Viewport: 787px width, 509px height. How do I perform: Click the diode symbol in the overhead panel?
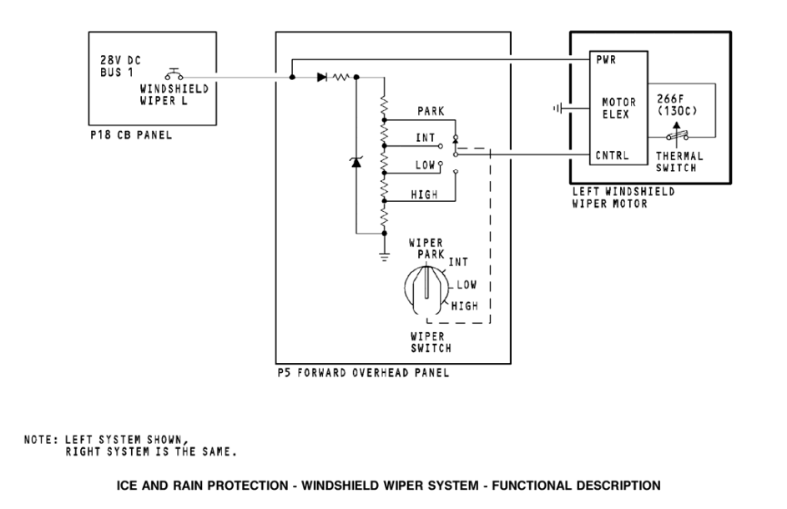pos(323,77)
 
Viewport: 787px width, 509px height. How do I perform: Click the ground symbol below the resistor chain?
pos(384,254)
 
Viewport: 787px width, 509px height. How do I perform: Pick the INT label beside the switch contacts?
pos(426,138)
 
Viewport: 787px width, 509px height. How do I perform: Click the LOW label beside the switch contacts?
pos(426,164)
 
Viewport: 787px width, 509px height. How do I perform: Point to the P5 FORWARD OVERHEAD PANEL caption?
pos(363,373)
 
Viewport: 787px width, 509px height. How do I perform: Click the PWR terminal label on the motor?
pos(607,60)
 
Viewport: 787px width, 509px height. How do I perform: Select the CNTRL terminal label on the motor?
pos(612,155)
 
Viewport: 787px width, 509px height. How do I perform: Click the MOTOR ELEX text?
pos(619,108)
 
